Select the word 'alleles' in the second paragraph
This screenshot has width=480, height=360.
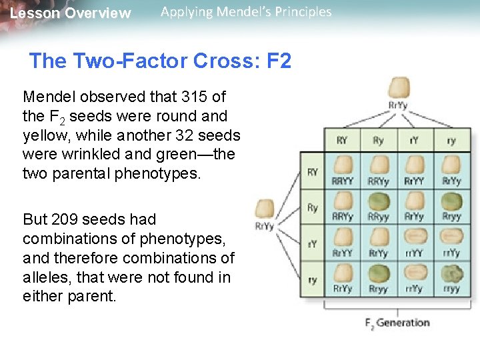44,277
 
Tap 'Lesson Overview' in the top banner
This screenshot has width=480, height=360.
71,13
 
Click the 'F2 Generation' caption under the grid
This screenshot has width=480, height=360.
397,323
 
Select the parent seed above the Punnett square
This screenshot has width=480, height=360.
399,89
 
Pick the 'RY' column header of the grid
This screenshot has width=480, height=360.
341,141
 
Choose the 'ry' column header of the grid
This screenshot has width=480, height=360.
451,141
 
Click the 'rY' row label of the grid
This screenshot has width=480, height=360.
312,245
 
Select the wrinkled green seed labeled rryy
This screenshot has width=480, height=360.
451,273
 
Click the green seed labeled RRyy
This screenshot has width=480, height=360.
378,201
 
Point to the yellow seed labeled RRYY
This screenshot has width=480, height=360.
341,165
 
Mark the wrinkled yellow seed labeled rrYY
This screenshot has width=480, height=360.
415,237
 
